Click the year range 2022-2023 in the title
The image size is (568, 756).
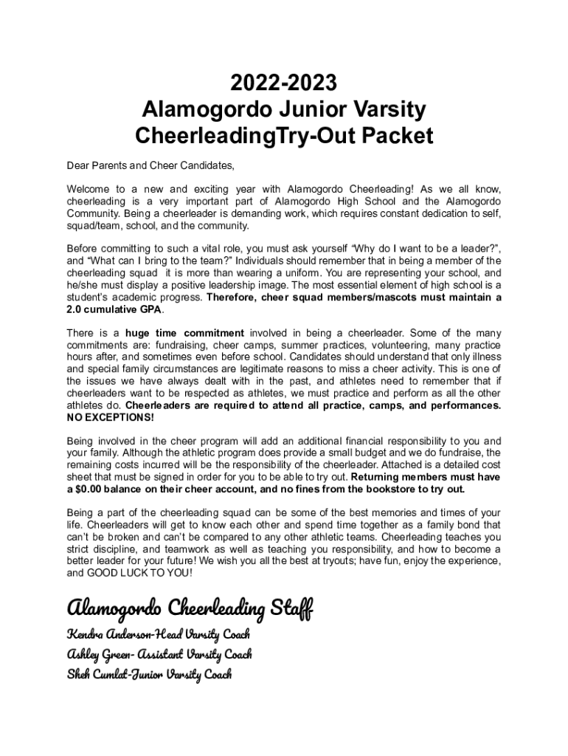point(284,83)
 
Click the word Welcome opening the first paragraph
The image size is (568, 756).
point(89,189)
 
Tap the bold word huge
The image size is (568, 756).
point(139,333)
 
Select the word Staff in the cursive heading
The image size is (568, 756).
point(291,609)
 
